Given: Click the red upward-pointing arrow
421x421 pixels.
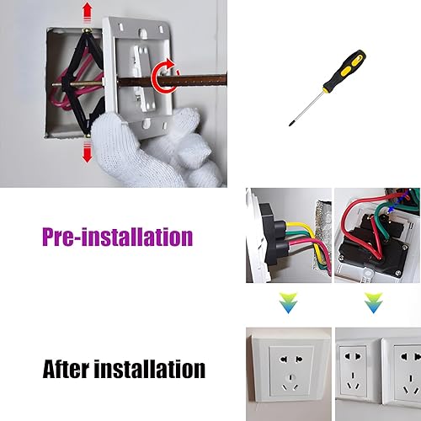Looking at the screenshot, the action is click(88, 11).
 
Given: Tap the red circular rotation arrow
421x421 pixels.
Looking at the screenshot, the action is click(163, 77).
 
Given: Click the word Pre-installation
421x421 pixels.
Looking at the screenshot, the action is click(118, 237).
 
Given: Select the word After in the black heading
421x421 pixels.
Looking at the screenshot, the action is click(67, 368).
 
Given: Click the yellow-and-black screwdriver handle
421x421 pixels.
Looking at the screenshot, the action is click(345, 70).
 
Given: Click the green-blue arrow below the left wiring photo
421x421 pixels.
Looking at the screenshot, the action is click(288, 302).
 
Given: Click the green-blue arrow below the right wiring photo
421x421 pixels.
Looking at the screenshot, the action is click(374, 302).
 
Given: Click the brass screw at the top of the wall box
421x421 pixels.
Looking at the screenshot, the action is click(84, 30).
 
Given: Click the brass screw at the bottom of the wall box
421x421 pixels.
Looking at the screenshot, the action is click(88, 136).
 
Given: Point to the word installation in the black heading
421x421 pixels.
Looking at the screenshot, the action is click(150, 368).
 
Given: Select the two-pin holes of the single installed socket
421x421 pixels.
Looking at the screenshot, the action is click(291, 360).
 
